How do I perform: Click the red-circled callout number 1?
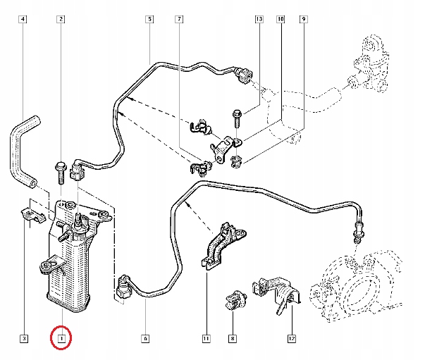pyautogui.click(x=61, y=339)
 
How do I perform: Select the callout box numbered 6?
pyautogui.click(x=145, y=339)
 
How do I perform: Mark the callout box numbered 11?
pyautogui.click(x=206, y=339)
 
